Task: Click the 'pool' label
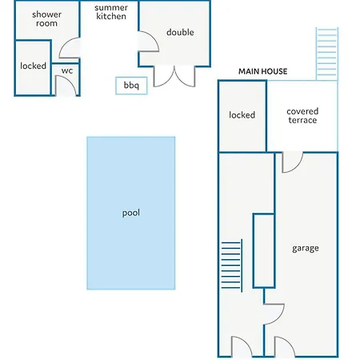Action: click(131, 213)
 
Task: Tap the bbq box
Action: click(131, 86)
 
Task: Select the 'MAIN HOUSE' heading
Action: click(263, 71)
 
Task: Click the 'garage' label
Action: click(306, 248)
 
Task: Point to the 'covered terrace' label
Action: click(302, 116)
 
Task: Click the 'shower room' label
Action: click(46, 18)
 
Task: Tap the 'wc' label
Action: click(67, 70)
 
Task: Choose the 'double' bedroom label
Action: click(180, 32)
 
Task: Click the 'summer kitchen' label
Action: click(111, 12)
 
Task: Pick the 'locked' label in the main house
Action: click(242, 115)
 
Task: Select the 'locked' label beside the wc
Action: click(33, 66)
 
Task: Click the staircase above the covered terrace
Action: click(327, 54)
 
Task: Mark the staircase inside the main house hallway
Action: click(232, 265)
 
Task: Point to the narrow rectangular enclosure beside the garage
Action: click(264, 250)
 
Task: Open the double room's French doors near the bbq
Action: click(174, 77)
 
